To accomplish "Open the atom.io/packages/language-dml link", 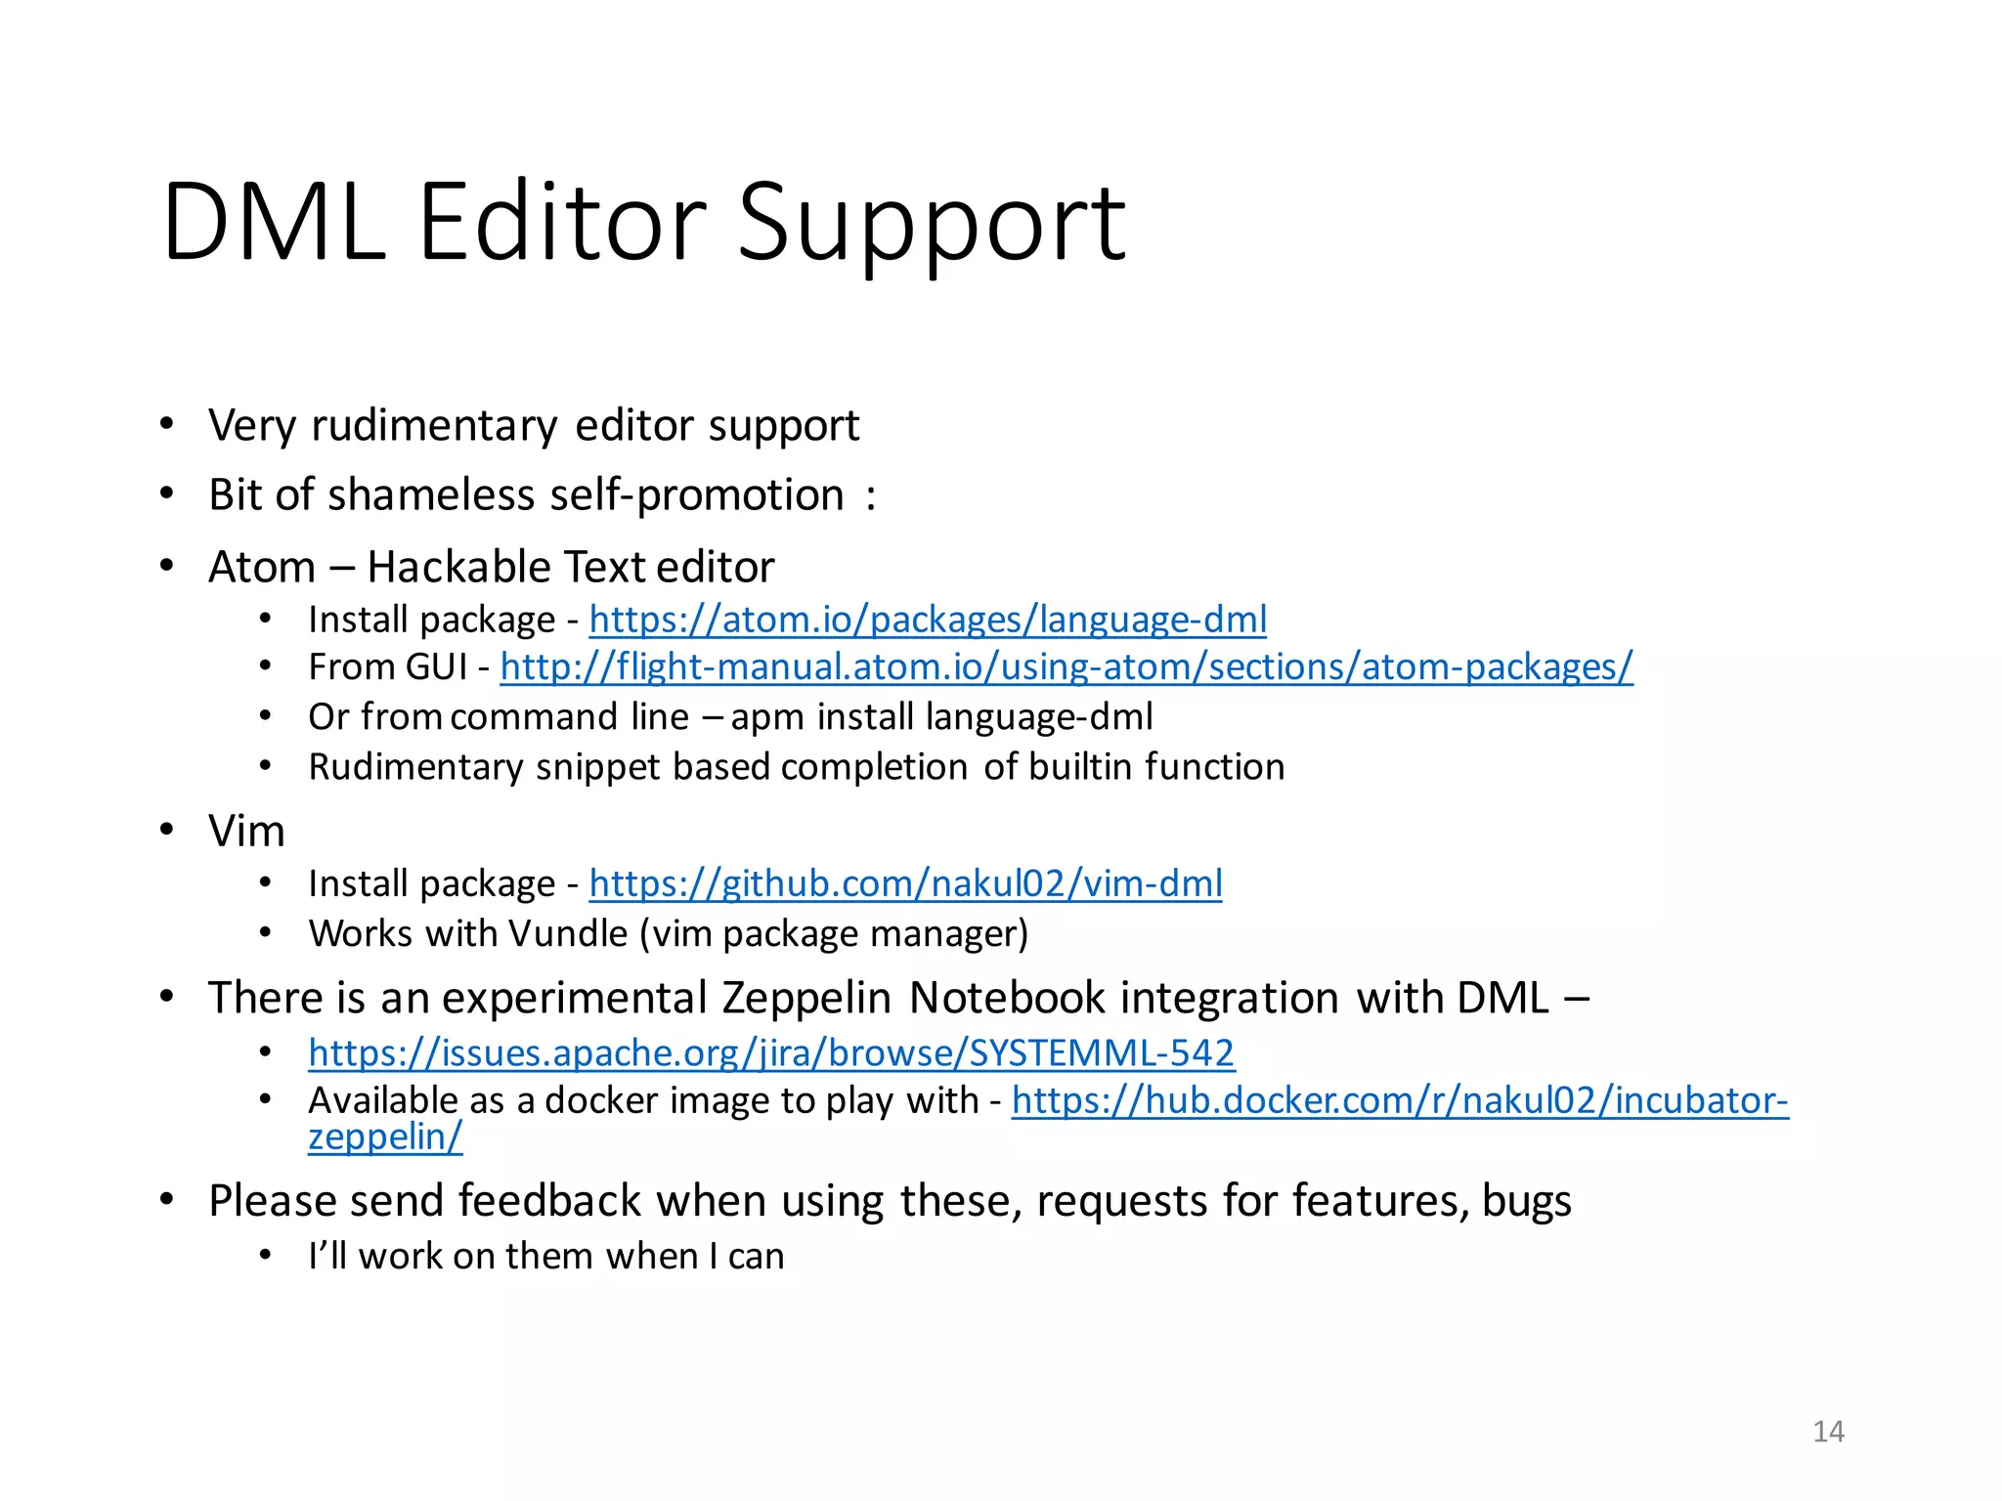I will (x=928, y=620).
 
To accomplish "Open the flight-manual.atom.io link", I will (x=1066, y=667).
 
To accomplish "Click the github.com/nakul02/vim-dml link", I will (x=905, y=883).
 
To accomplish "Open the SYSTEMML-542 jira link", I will (x=771, y=1052).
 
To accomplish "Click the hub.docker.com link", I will (x=1400, y=1100).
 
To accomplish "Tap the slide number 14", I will (x=1828, y=1432).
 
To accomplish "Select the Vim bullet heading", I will (x=246, y=832).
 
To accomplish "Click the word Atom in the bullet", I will (x=262, y=567).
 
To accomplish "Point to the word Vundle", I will (x=568, y=934).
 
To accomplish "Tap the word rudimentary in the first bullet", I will (x=434, y=426).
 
